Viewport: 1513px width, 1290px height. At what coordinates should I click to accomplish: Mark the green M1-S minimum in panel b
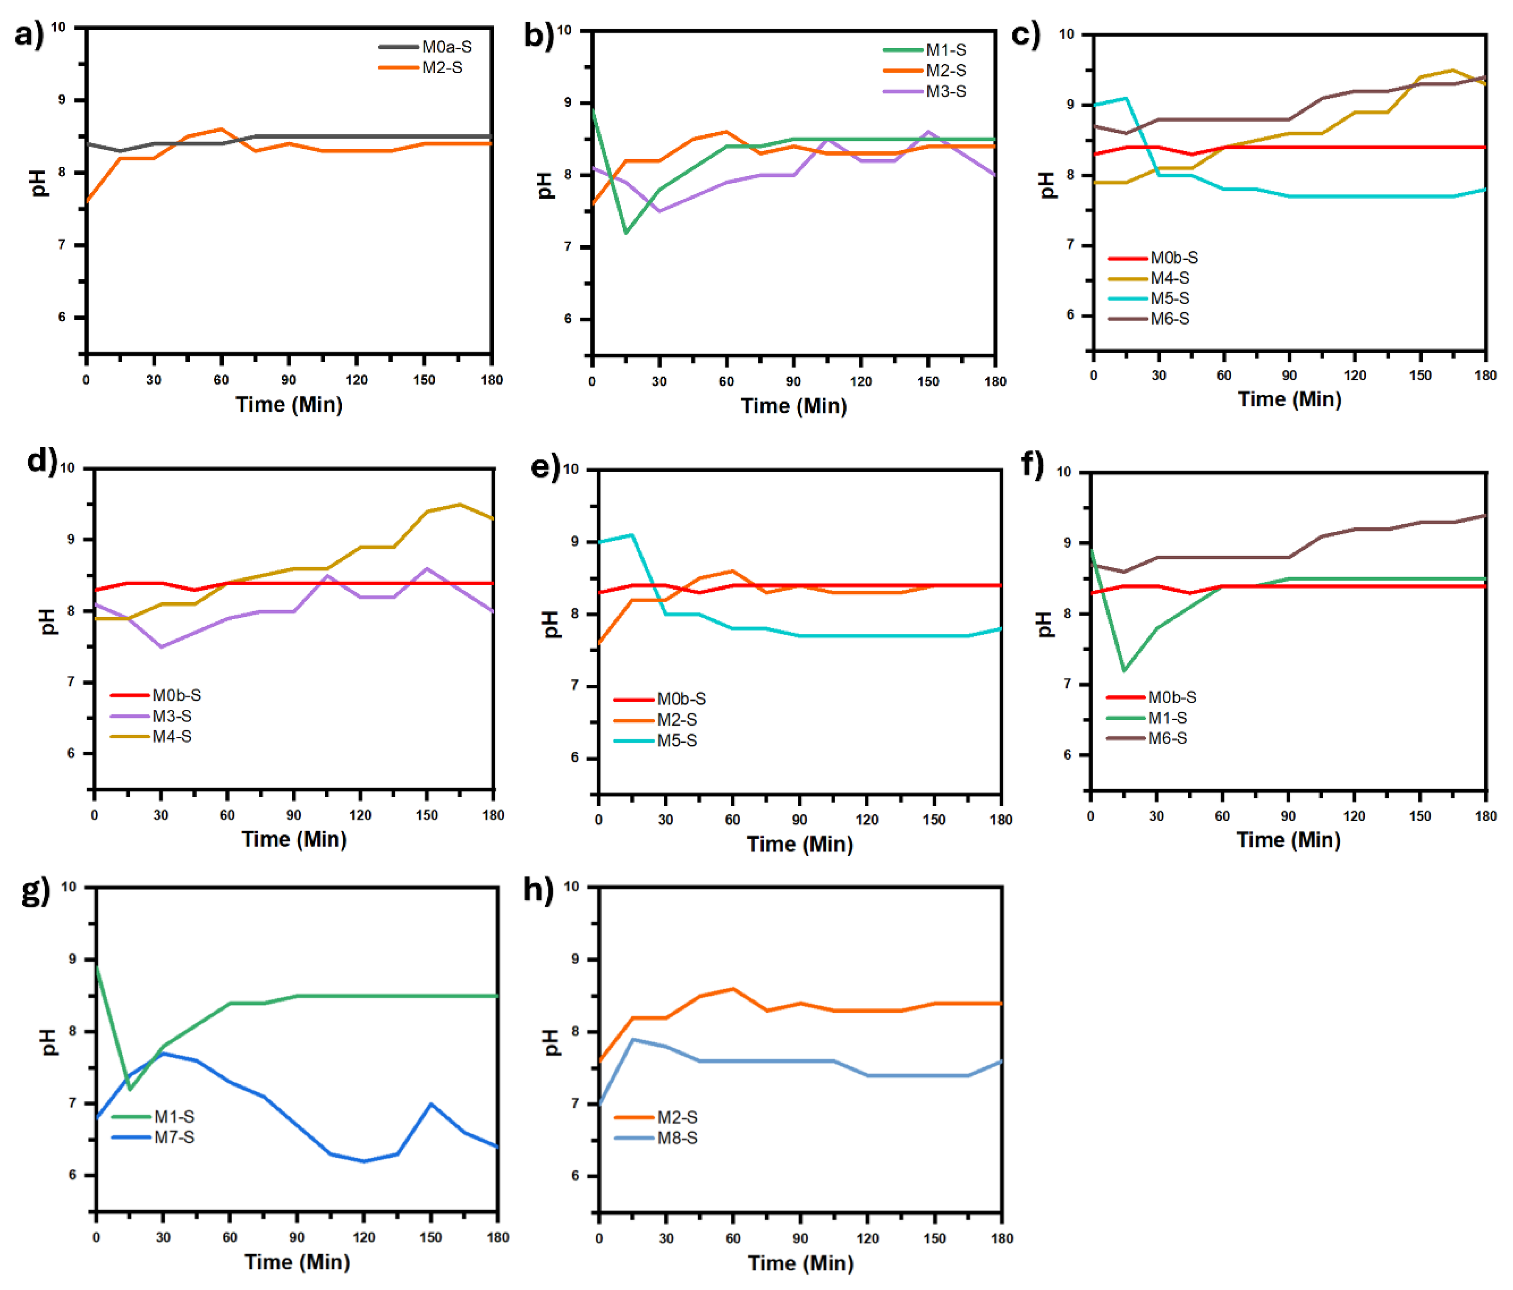click(x=626, y=232)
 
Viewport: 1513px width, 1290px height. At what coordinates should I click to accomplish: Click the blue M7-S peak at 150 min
click(x=431, y=1104)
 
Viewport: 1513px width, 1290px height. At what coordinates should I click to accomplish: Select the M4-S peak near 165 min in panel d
click(x=459, y=504)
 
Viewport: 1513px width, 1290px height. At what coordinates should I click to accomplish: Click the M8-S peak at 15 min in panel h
click(x=632, y=1039)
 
